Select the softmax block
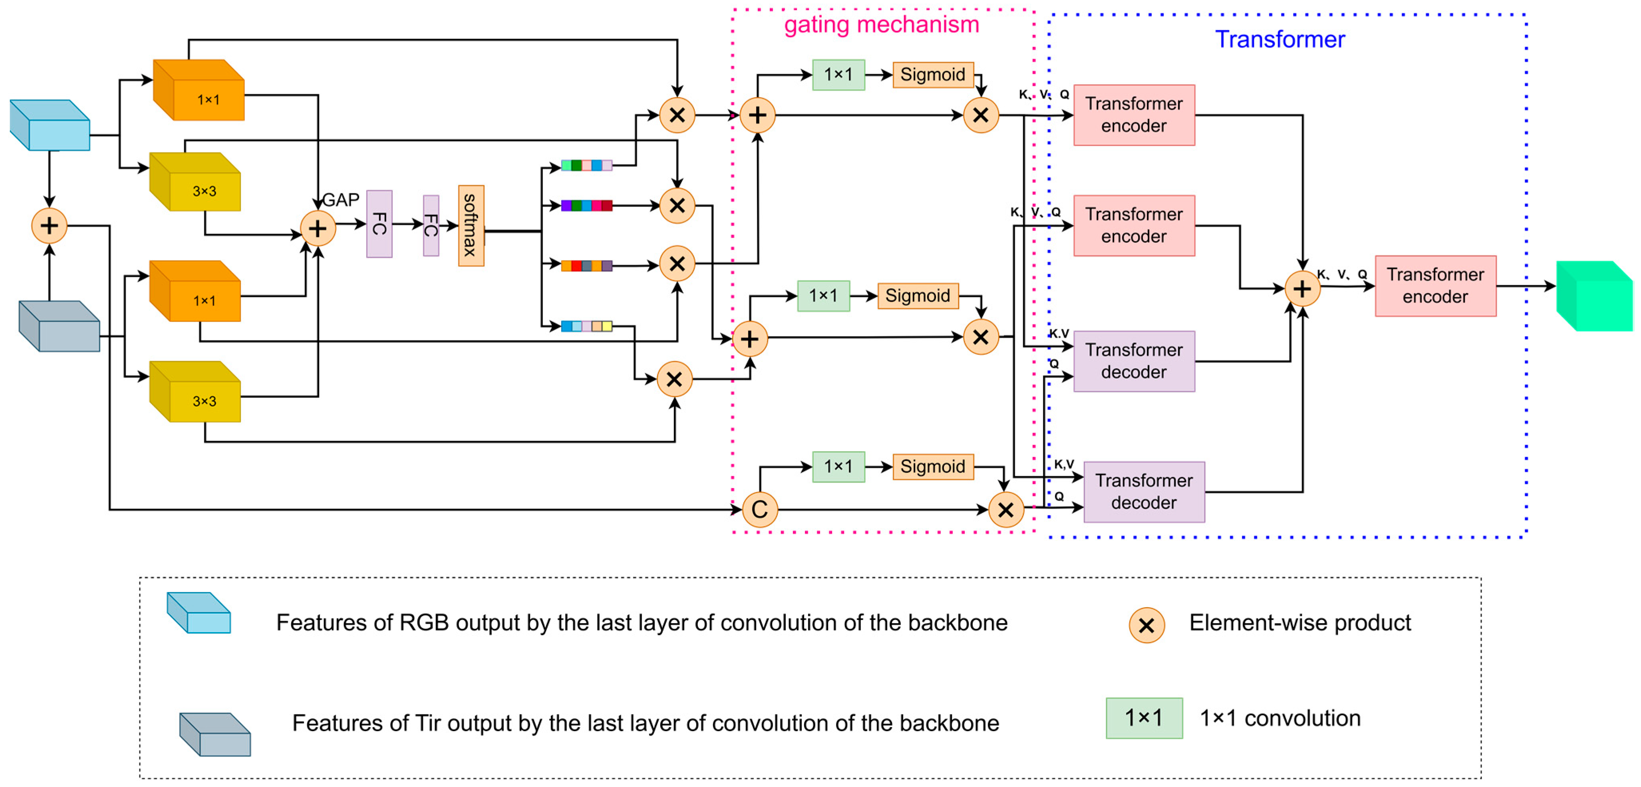[471, 226]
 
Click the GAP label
[341, 200]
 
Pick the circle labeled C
[759, 509]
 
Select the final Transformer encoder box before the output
[1435, 286]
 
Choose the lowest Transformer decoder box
[1144, 492]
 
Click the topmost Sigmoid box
[933, 75]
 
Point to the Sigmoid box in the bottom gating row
[933, 467]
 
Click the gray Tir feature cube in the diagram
[59, 326]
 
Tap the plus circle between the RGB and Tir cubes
[49, 226]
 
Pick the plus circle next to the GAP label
[317, 228]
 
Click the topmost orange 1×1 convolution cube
[199, 91]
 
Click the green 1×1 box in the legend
[1144, 718]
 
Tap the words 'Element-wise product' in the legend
[1299, 622]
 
